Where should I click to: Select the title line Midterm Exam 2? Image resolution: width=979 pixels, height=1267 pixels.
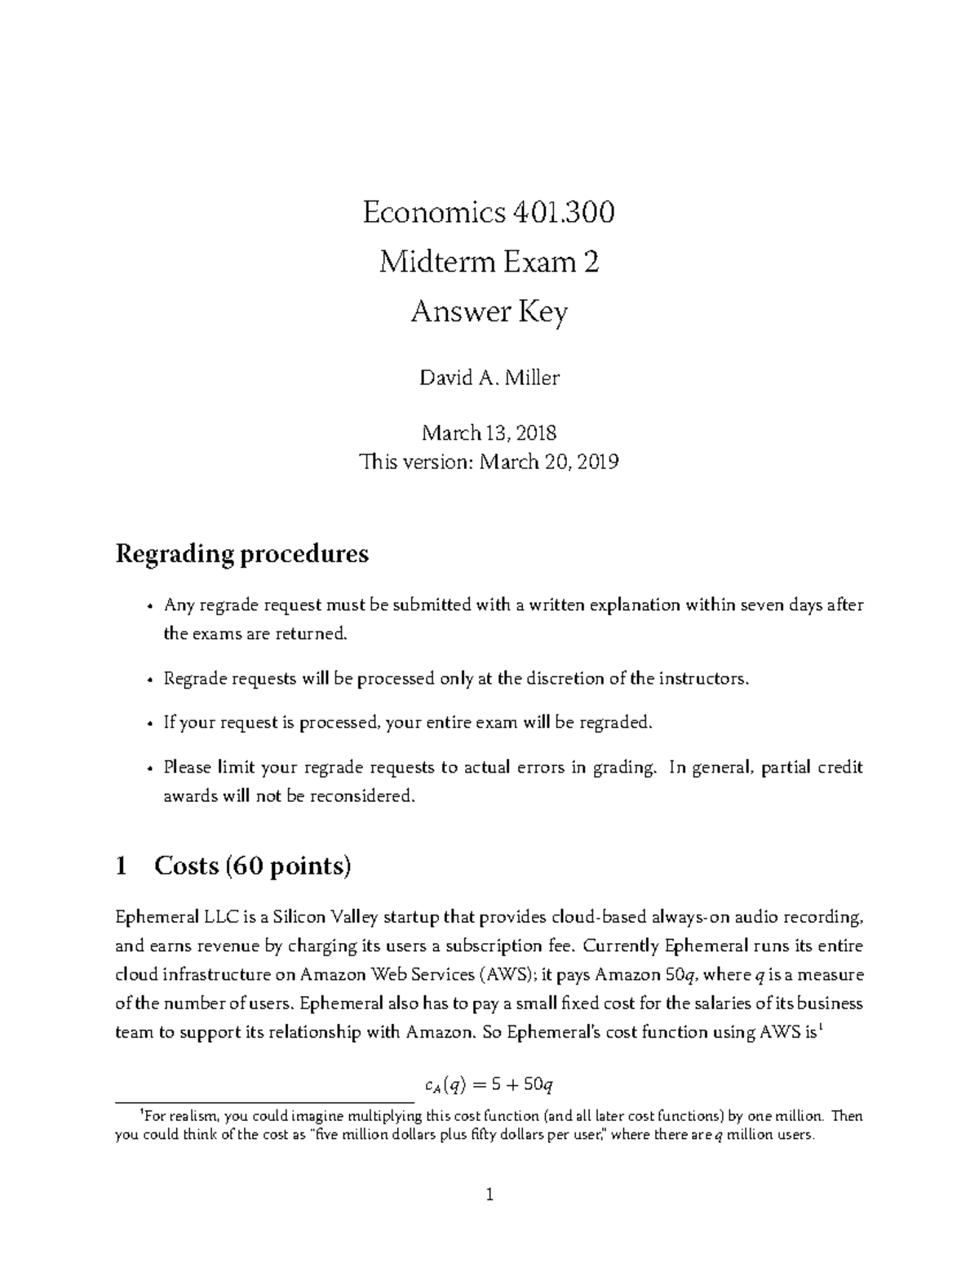[489, 263]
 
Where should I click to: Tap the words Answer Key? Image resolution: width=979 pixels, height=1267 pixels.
[489, 312]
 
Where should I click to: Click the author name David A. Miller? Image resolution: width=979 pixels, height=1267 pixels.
[489, 378]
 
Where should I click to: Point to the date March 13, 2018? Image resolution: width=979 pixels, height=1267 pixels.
[489, 432]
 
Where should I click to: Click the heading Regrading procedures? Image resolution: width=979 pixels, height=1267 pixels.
[242, 554]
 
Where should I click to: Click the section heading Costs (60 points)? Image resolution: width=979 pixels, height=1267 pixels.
[252, 866]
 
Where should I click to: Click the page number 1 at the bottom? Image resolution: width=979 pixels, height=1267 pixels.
[489, 1196]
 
